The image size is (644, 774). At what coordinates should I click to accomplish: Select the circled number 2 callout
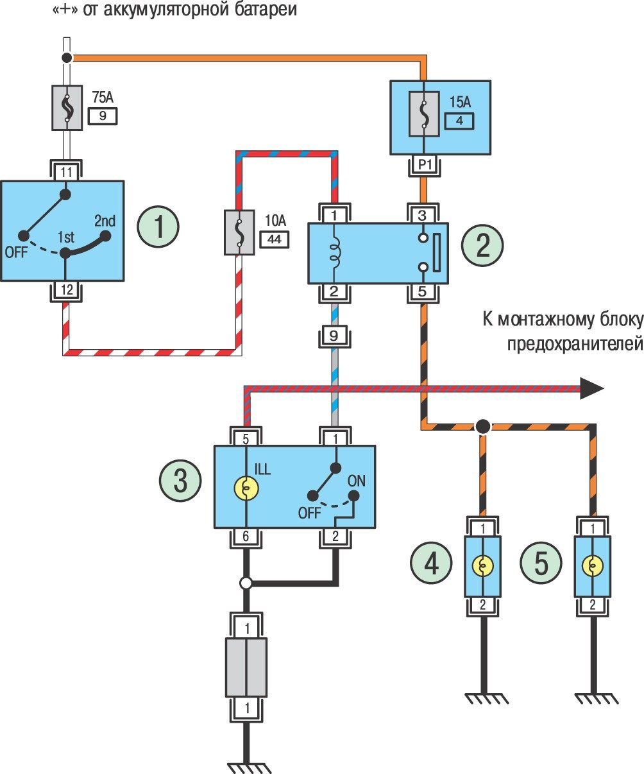[x=483, y=247]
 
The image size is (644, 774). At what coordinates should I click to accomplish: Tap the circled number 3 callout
[x=180, y=481]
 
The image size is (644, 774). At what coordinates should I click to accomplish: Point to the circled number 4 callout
[x=432, y=565]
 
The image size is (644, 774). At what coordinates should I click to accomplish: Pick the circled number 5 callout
[x=541, y=565]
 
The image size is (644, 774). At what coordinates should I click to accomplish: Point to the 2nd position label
[x=105, y=222]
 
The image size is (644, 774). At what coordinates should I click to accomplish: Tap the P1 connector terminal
[x=424, y=165]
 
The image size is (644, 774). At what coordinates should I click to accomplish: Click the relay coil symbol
[x=335, y=251]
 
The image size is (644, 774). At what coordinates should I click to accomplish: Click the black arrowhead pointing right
[x=591, y=388]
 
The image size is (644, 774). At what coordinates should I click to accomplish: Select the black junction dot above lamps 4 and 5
[x=483, y=426]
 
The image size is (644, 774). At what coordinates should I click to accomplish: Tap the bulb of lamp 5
[x=591, y=566]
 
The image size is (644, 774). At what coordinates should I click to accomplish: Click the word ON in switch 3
[x=356, y=480]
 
